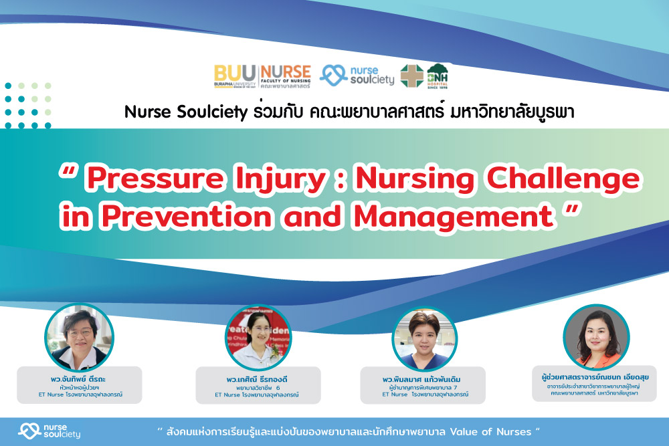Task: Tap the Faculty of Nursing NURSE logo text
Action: click(x=286, y=76)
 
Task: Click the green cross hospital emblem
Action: click(x=411, y=76)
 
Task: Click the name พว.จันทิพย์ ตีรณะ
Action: click(x=79, y=379)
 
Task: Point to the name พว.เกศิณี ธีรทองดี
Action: click(x=257, y=378)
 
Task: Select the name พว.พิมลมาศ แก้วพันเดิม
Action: click(x=423, y=380)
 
